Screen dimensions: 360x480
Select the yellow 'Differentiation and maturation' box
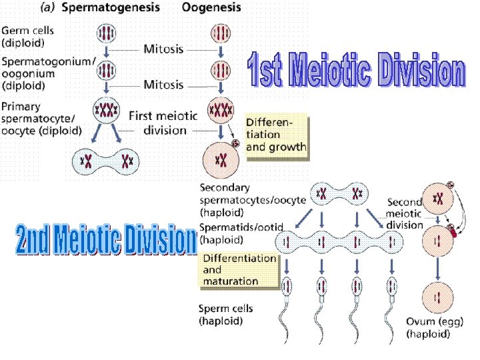click(239, 269)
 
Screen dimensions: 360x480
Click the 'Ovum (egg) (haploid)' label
click(435, 329)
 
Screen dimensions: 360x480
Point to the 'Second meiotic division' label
click(404, 213)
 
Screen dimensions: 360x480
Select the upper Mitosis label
click(163, 49)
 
